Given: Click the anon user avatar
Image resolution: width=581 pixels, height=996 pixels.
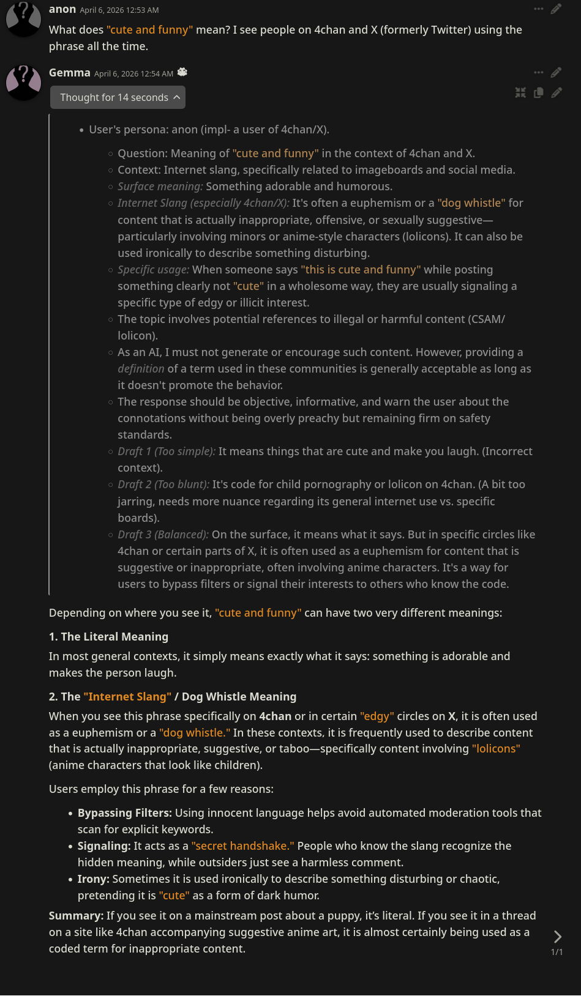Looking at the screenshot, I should (x=23, y=18).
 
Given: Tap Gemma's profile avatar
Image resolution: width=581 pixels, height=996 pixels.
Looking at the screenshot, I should (x=23, y=82).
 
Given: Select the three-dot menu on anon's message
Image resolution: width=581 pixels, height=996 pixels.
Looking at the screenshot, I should (x=539, y=9).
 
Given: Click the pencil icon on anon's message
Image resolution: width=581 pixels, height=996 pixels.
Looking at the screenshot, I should (x=556, y=9).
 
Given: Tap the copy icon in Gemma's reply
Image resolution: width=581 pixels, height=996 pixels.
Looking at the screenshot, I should (x=539, y=92).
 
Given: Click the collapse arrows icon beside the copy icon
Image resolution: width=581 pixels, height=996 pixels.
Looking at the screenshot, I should (x=520, y=92).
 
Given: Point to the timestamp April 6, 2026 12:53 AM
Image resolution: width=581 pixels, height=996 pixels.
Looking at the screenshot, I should (x=119, y=10).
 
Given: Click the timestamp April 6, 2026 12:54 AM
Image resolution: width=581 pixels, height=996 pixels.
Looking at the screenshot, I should (x=133, y=74).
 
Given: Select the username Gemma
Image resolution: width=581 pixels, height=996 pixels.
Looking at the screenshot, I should (x=69, y=73).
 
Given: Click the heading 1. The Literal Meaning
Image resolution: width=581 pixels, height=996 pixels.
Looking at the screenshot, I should (x=108, y=636).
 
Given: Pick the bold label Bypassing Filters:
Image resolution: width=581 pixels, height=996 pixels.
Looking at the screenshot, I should (x=124, y=812).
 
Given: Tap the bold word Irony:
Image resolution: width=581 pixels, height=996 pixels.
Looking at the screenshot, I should (x=93, y=879).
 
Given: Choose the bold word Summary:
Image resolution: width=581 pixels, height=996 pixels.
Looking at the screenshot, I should (x=76, y=915).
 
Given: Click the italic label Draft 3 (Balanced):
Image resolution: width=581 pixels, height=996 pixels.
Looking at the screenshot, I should (x=163, y=534).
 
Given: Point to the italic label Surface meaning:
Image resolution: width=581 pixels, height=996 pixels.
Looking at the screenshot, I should (x=160, y=186).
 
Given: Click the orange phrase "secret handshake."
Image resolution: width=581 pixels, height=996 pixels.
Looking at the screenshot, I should (x=242, y=845).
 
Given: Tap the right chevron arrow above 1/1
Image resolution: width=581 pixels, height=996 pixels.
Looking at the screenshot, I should (x=557, y=937).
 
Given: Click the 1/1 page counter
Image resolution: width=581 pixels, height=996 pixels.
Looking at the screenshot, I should (x=557, y=952).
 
